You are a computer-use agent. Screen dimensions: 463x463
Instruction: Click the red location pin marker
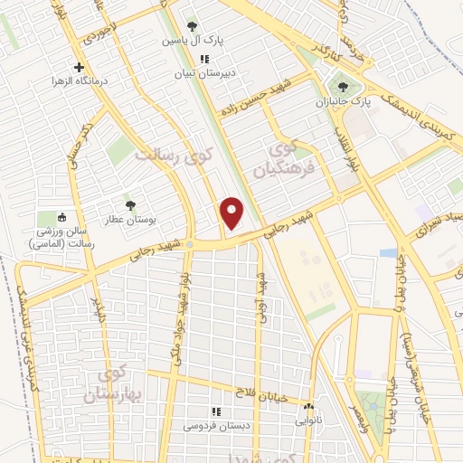pyautogui.click(x=232, y=213)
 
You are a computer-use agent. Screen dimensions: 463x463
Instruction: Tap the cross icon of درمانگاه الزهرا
pyautogui.click(x=80, y=67)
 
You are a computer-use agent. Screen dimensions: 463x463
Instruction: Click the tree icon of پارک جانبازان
pyautogui.click(x=342, y=88)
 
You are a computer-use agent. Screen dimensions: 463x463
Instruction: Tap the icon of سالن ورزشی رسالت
pyautogui.click(x=61, y=217)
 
